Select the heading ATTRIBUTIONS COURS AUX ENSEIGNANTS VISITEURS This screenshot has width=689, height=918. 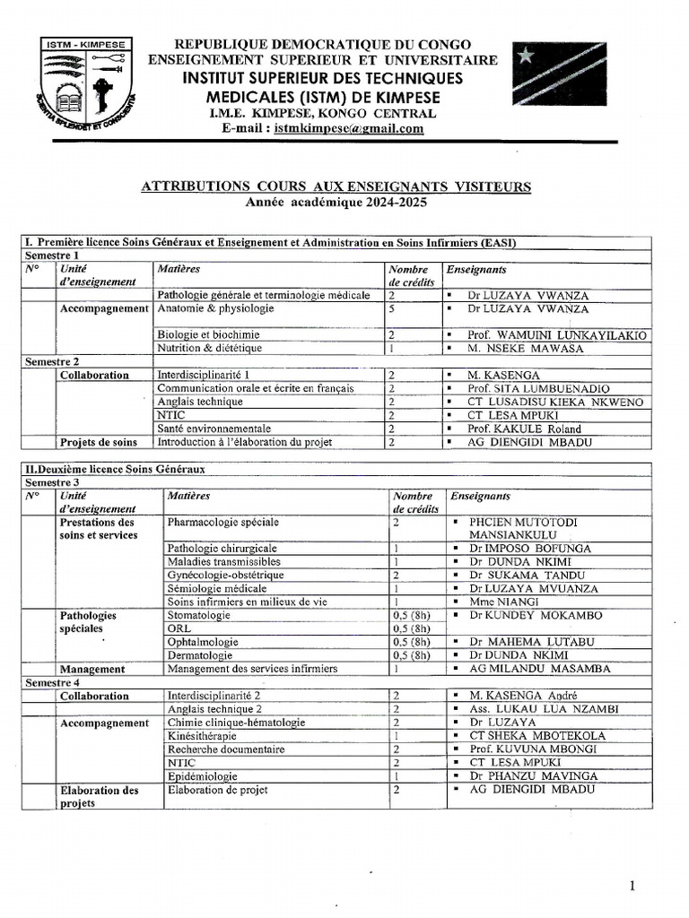pos(336,186)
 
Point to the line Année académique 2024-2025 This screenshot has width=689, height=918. pos(336,203)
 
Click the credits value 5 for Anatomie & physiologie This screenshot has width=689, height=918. pos(392,309)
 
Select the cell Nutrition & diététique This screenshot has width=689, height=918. pos(209,348)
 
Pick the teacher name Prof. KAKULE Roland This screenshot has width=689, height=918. pos(523,429)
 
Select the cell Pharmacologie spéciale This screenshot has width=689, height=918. pos(222,522)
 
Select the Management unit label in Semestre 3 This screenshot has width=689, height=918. pos(92,669)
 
